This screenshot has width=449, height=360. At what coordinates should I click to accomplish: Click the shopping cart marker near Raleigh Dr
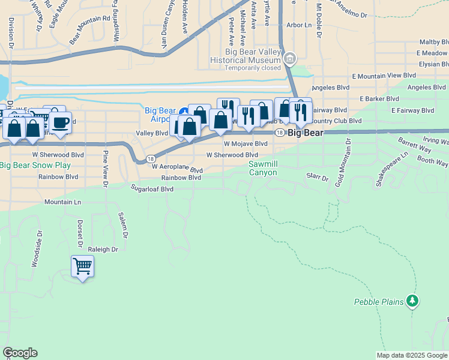[82, 266]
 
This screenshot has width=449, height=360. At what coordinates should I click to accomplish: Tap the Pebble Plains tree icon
[412, 301]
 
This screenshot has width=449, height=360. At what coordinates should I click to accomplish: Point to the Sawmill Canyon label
[263, 168]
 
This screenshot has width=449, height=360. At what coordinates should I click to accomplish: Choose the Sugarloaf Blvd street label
[152, 188]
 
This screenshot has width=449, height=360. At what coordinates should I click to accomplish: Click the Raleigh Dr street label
[103, 249]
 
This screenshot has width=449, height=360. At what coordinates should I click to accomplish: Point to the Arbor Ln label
[299, 25]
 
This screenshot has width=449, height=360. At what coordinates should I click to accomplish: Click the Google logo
[20, 353]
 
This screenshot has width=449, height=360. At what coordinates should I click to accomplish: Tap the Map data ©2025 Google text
[412, 355]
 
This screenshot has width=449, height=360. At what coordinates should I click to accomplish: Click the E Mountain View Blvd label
[384, 76]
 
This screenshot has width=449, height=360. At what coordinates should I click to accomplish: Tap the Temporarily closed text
[252, 68]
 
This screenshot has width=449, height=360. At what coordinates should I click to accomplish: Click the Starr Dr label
[318, 178]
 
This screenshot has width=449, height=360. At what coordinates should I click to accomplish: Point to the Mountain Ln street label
[63, 202]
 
